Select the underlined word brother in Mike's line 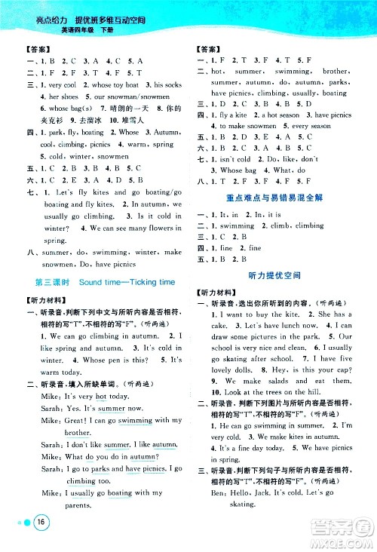pyautogui.click(x=78, y=433)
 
